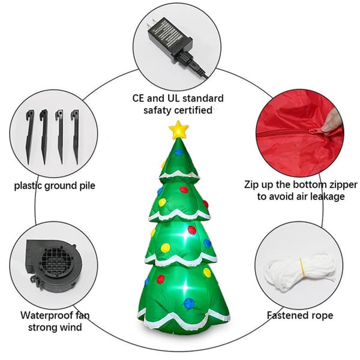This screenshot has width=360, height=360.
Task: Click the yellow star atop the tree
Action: (x=179, y=130)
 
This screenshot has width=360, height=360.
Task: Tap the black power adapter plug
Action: (x=169, y=37)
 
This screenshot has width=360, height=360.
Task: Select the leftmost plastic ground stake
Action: (x=30, y=137)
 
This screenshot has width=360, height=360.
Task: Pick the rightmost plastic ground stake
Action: (x=76, y=137)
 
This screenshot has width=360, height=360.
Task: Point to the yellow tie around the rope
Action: (x=302, y=268)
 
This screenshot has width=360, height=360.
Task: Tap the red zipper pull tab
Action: (x=314, y=132)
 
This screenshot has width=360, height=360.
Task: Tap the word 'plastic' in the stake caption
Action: (x=28, y=186)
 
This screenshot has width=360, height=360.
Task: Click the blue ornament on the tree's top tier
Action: (x=178, y=152)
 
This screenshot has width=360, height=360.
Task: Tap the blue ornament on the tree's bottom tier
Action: (x=189, y=303)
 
